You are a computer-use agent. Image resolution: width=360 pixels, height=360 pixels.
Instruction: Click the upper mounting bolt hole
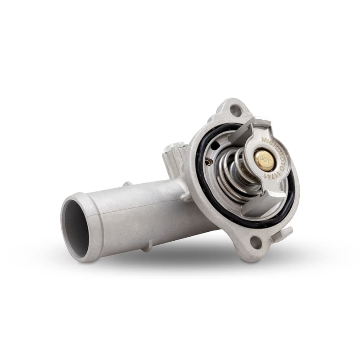[x=235, y=109]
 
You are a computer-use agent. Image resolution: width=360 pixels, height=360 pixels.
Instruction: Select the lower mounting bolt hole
[x=256, y=243]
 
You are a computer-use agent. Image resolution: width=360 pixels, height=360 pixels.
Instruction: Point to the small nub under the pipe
[x=146, y=246]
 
